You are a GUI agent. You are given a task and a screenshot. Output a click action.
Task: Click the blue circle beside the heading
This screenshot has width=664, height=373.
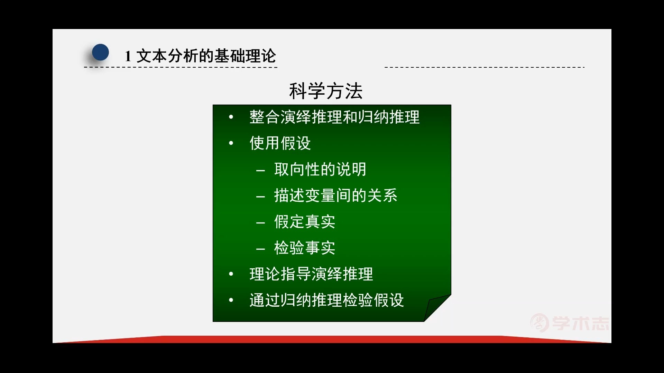click(x=100, y=52)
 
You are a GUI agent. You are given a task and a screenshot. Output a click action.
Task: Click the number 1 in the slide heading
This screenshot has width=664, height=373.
click(x=128, y=56)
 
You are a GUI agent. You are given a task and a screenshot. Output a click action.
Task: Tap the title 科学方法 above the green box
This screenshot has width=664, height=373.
click(x=325, y=91)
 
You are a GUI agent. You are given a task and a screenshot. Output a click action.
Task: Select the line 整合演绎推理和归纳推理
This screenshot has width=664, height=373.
click(x=334, y=117)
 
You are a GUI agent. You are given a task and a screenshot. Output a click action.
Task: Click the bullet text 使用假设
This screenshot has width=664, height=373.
click(x=280, y=143)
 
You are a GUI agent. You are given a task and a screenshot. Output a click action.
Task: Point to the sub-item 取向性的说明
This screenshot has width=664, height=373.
click(x=320, y=169)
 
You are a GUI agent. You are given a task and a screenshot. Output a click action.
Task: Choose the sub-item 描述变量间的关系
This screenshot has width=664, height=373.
click(x=335, y=195)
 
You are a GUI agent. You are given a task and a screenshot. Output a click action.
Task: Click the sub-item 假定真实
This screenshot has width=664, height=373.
click(x=304, y=222)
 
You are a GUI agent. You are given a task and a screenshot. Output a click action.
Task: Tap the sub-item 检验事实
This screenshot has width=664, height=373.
click(x=304, y=248)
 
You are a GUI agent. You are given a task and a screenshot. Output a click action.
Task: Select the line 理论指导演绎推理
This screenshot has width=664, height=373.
click(x=311, y=274)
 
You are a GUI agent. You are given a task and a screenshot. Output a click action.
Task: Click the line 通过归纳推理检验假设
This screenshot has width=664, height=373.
click(x=326, y=300)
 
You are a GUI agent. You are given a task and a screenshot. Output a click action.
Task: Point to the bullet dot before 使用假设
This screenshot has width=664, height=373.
click(x=231, y=143)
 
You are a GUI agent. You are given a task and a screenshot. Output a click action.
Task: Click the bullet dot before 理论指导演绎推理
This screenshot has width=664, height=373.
click(x=231, y=274)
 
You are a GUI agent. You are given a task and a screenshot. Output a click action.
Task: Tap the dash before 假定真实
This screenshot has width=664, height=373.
click(x=260, y=223)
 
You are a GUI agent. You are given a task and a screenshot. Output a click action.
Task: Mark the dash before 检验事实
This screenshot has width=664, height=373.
click(x=260, y=249)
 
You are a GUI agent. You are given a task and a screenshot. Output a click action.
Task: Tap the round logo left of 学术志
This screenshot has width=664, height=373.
click(x=539, y=323)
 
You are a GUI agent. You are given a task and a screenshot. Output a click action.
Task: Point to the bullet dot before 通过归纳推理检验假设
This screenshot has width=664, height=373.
click(x=231, y=300)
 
